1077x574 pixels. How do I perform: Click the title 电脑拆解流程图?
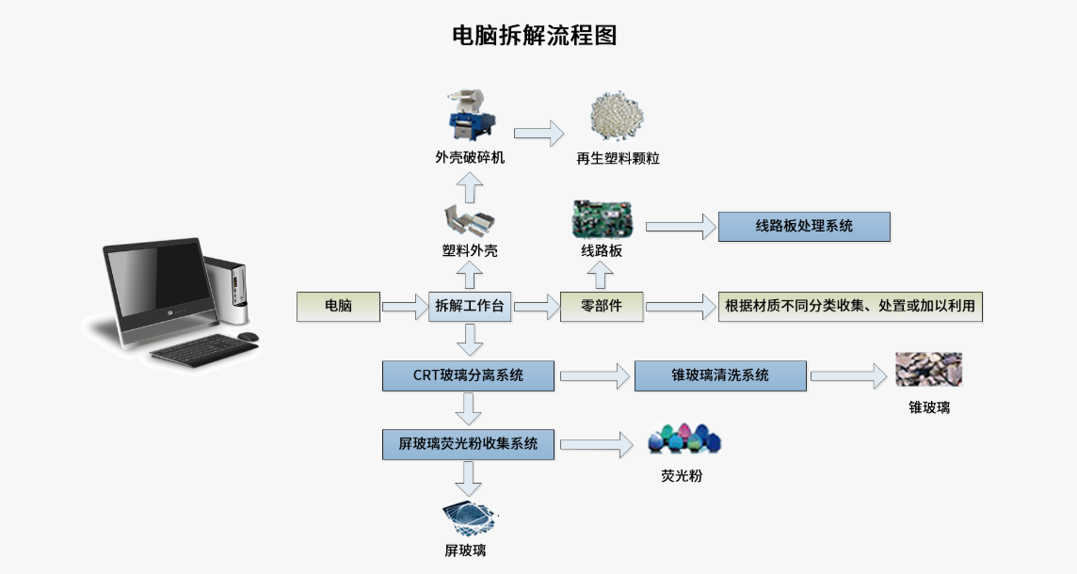[535, 36]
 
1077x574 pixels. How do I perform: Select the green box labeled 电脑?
[338, 306]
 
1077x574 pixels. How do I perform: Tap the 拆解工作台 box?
[470, 306]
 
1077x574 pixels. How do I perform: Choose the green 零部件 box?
[602, 306]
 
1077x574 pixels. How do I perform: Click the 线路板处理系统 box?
[804, 227]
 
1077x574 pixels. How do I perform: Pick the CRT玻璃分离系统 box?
[468, 375]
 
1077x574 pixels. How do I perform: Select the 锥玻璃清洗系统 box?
[720, 375]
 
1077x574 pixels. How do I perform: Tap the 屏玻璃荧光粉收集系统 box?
[468, 444]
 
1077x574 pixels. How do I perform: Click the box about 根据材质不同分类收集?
[849, 306]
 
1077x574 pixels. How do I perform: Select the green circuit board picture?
[603, 220]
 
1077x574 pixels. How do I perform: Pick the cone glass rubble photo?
[928, 370]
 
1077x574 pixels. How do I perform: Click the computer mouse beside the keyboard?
[248, 336]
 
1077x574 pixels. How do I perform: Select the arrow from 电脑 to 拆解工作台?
[405, 306]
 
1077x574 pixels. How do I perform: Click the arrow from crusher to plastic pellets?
[538, 133]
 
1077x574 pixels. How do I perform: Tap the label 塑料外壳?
[470, 251]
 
